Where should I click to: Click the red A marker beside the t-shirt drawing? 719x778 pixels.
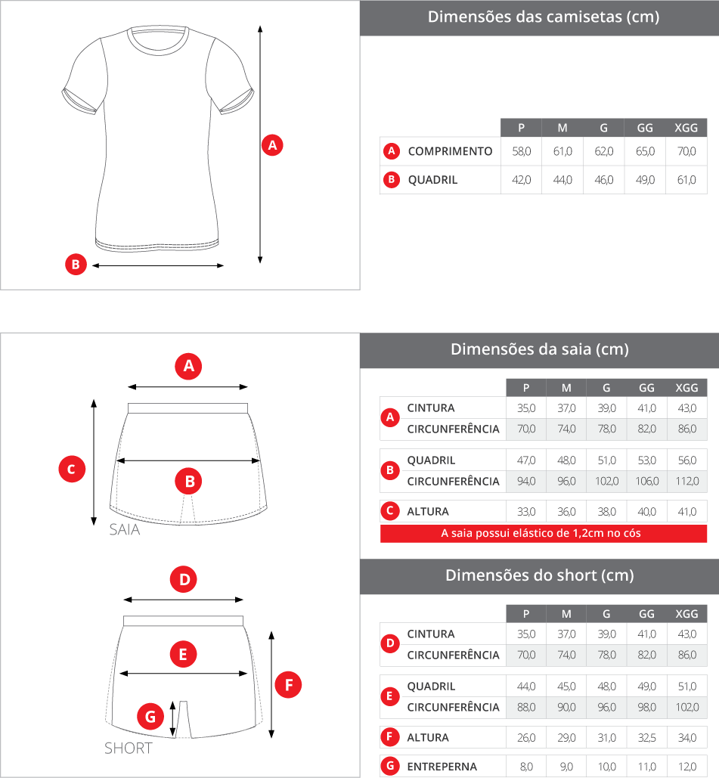pos(272,145)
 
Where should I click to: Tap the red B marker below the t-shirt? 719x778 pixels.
pos(76,265)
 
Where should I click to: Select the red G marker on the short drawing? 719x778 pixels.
pos(150,716)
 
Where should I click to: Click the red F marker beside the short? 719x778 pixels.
pos(288,685)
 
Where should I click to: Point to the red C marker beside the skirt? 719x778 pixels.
pos(72,469)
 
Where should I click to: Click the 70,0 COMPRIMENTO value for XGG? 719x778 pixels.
pos(686,151)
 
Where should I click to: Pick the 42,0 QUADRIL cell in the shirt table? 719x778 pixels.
pos(522,180)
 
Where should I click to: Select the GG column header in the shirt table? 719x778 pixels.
pos(645,128)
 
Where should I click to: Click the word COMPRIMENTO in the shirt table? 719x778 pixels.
pos(450,151)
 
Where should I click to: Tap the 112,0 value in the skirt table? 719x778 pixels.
pos(687,482)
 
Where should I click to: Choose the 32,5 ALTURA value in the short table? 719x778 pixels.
pos(646,738)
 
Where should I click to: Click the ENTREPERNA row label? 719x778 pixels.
pos(442,767)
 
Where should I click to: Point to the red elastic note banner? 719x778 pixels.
pos(544,533)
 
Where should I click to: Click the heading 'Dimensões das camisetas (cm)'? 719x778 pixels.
pos(544,17)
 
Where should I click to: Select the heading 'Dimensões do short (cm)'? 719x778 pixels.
pos(539,575)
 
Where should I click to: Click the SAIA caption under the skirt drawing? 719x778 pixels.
pos(125,529)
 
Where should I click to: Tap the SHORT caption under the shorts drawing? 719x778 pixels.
pos(128,749)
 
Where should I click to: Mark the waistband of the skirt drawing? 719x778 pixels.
pos(187,408)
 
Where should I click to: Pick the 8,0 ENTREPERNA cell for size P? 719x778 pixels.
pos(526,767)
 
